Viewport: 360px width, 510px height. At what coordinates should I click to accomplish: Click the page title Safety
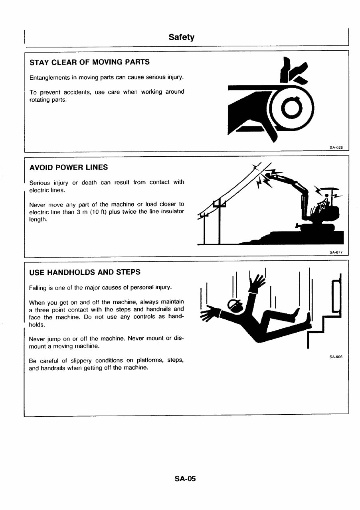tap(181, 37)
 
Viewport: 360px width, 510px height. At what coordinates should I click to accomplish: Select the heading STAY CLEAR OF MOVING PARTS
tap(90, 62)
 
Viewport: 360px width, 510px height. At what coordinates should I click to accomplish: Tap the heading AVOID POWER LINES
tap(69, 167)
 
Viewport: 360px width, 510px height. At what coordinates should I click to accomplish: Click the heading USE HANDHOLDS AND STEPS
tap(85, 272)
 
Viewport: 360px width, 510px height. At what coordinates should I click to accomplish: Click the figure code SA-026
tap(336, 147)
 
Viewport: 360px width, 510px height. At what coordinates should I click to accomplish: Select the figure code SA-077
tap(336, 252)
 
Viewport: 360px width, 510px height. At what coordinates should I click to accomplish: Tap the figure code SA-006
tap(336, 357)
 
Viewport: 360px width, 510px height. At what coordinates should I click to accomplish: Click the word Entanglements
tap(49, 77)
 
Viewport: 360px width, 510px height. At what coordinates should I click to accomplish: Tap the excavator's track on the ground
tap(317, 228)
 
